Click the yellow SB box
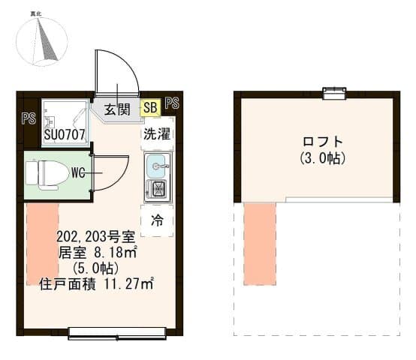click(150, 107)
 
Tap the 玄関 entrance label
click(117, 109)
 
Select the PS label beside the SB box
click(172, 103)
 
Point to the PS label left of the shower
click(29, 118)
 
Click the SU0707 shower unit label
click(65, 134)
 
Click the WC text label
click(78, 173)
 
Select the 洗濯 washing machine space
click(157, 133)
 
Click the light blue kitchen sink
click(157, 166)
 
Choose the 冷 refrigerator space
click(157, 220)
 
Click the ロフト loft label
click(323, 142)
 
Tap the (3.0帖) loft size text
click(323, 158)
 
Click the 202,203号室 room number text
click(96, 236)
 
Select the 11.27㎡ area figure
click(129, 283)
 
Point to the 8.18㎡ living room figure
click(116, 253)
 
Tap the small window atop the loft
click(334, 94)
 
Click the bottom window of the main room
click(117, 333)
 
